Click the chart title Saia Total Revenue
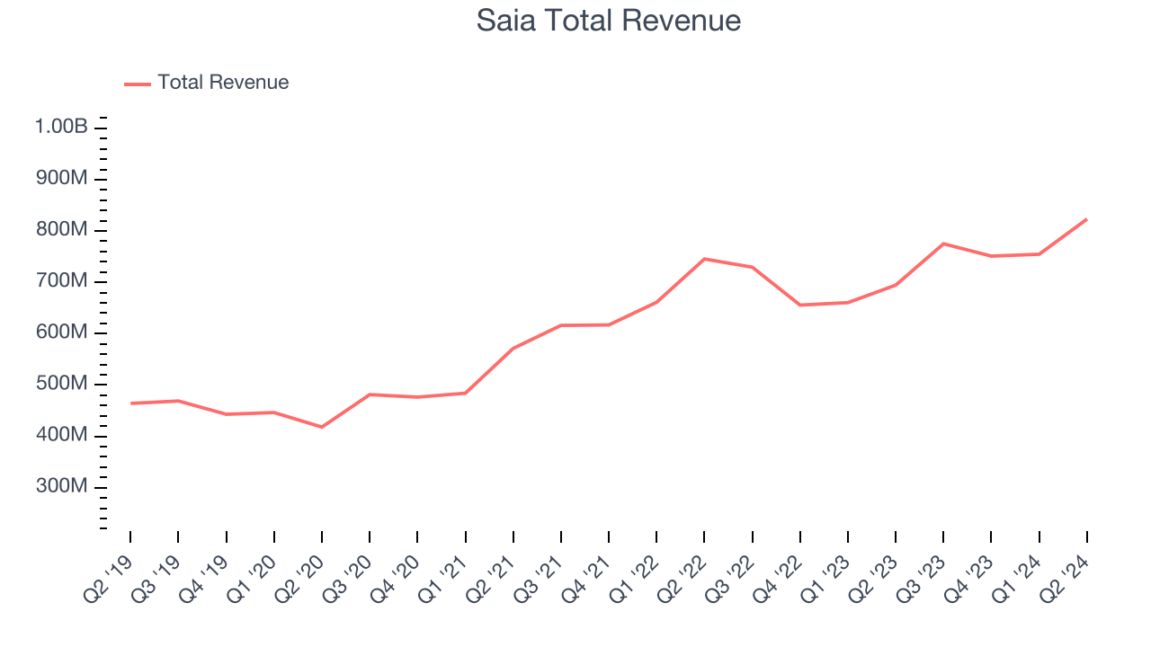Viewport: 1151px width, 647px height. [x=609, y=21]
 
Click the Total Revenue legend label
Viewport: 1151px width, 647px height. [x=223, y=83]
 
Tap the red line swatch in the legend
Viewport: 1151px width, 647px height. [x=138, y=84]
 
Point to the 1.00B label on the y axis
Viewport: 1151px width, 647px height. [x=62, y=128]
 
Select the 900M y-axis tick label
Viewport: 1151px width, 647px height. [x=62, y=179]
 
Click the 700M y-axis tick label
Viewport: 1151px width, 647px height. [x=62, y=282]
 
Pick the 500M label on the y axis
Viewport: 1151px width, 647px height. [x=62, y=385]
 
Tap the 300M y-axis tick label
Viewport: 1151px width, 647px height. [x=62, y=487]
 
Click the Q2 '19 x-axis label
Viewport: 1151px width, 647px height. [x=107, y=574]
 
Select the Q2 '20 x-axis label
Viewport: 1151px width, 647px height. [x=299, y=574]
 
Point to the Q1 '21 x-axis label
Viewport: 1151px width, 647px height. [x=442, y=574]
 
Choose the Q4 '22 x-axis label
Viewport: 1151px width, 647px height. [x=777, y=574]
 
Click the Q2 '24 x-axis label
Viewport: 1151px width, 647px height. [x=1064, y=574]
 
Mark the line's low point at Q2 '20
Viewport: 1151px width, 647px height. [x=322, y=427]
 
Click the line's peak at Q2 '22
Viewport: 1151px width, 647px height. [x=704, y=259]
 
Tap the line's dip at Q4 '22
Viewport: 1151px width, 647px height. [x=800, y=305]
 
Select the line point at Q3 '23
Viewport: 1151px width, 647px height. [x=943, y=244]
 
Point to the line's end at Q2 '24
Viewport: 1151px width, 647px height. [x=1086, y=219]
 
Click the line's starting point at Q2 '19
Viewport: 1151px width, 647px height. [x=131, y=403]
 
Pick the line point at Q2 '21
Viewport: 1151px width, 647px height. [x=513, y=348]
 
